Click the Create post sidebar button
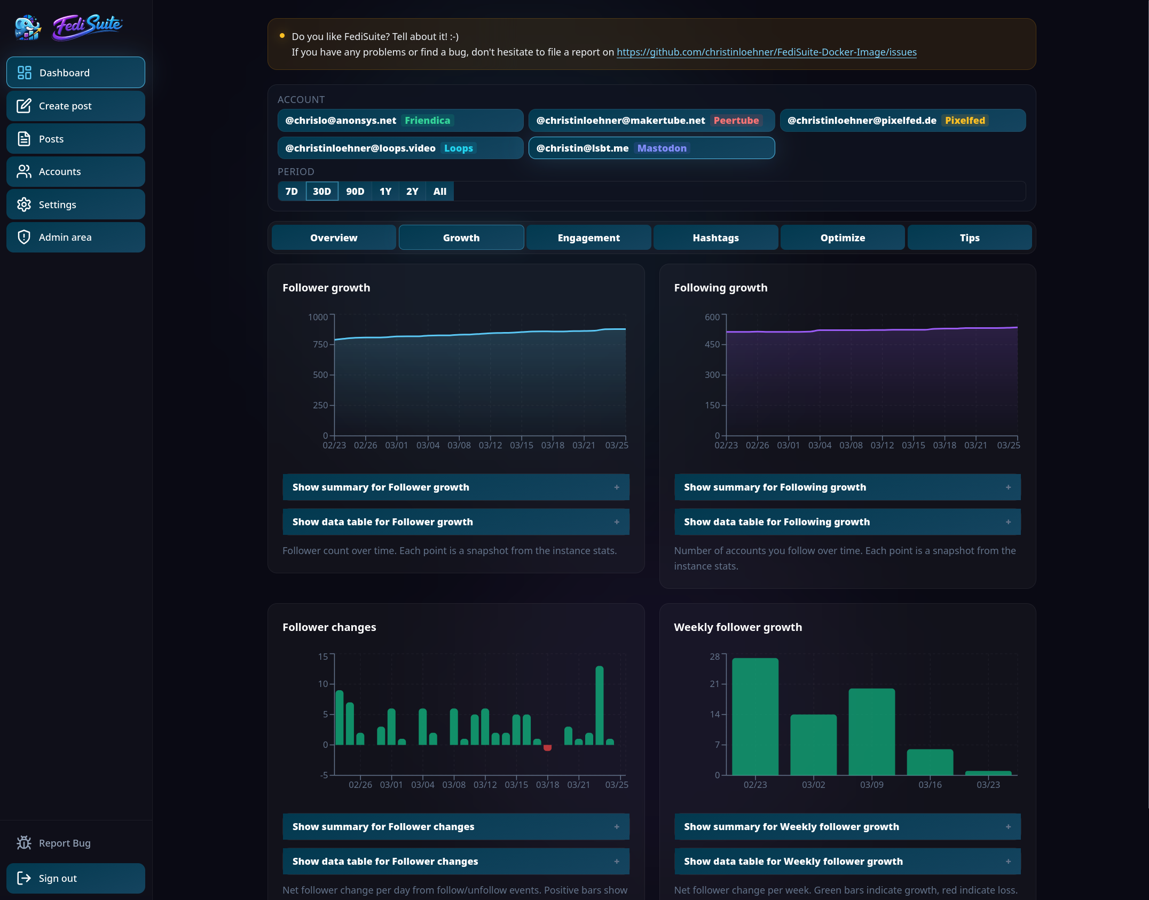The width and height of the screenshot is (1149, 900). [x=75, y=106]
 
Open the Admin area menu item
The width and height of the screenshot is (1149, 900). [x=75, y=237]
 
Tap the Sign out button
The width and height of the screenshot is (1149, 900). [x=75, y=878]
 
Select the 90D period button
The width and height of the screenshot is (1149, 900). [x=355, y=192]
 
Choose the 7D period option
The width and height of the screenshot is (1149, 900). [x=292, y=192]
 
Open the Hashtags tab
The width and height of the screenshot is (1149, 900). [x=715, y=238]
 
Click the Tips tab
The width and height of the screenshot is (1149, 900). [x=969, y=238]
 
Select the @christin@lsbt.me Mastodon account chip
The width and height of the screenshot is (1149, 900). [x=651, y=148]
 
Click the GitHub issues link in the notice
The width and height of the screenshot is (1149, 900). [x=766, y=52]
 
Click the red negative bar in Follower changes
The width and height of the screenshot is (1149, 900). [x=547, y=748]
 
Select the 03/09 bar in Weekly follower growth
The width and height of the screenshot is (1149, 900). [x=871, y=731]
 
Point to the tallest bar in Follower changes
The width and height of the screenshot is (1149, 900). [x=599, y=705]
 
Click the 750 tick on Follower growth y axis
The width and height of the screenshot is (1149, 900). [x=320, y=344]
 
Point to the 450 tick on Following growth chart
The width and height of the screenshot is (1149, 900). [x=712, y=344]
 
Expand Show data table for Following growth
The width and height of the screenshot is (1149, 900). [x=847, y=522]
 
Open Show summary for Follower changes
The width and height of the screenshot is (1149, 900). [x=455, y=827]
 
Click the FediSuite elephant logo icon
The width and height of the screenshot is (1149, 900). [x=28, y=27]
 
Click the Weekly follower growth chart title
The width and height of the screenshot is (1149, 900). [x=737, y=627]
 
